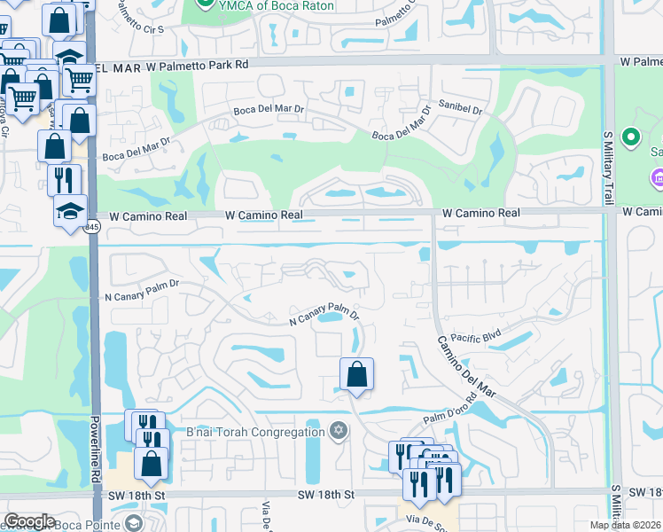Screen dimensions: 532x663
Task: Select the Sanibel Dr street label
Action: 459,111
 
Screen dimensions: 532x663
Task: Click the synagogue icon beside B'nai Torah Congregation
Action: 337,433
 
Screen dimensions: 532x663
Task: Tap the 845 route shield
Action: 93,228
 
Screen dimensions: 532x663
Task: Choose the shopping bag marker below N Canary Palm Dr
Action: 356,374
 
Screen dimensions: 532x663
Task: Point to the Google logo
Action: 29,521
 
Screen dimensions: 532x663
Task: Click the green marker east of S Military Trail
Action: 631,138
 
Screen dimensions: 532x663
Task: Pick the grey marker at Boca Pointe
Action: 133,525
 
